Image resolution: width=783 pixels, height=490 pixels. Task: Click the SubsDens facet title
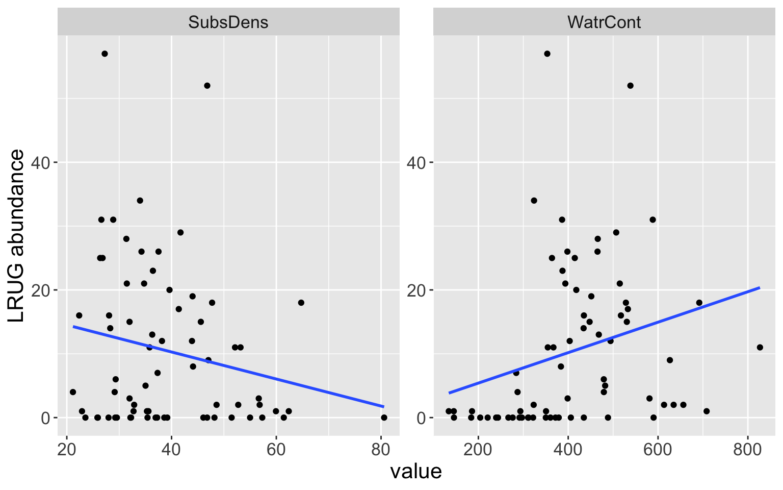(228, 22)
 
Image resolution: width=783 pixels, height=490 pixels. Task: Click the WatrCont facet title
(604, 22)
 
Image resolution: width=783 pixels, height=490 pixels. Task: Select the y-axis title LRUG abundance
(17, 236)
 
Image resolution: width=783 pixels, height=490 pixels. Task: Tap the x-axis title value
(416, 471)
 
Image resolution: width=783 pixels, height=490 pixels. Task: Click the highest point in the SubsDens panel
(105, 54)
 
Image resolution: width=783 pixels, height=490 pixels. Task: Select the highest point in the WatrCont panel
(547, 54)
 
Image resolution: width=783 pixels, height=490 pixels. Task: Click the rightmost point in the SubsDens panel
(384, 418)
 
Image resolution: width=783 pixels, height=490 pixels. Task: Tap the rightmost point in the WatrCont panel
(760, 348)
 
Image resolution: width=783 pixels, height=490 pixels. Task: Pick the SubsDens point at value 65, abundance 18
(301, 303)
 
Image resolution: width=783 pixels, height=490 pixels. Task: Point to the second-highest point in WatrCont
(630, 86)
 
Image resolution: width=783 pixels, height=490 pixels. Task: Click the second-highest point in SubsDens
(207, 86)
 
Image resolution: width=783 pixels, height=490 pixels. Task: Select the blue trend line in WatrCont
(604, 340)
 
